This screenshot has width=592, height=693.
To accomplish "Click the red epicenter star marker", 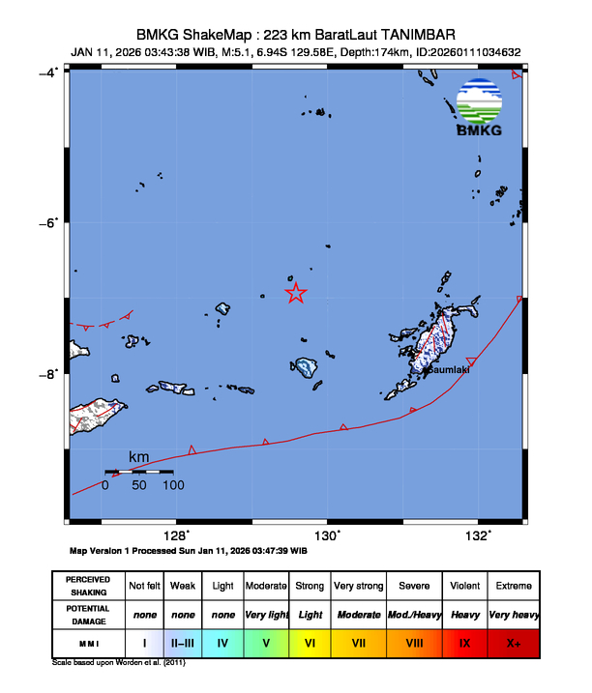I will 296,293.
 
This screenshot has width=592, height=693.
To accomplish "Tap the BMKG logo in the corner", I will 479,106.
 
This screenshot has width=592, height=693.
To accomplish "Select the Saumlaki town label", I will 448,369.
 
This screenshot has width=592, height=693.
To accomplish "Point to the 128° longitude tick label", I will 175,535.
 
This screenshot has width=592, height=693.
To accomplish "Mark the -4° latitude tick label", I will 46,72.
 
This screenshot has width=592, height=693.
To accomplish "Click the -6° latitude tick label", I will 46,223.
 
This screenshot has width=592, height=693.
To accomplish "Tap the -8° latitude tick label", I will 46,374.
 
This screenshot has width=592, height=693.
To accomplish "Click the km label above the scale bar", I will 139,456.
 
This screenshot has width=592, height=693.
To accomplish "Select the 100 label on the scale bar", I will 173,485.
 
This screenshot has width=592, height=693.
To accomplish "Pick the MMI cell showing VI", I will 310,641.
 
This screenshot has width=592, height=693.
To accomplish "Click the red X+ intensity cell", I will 513,641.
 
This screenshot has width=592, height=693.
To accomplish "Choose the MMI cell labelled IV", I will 222,641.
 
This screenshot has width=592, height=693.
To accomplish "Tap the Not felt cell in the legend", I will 144,586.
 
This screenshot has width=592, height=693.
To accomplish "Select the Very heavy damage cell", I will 513,614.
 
